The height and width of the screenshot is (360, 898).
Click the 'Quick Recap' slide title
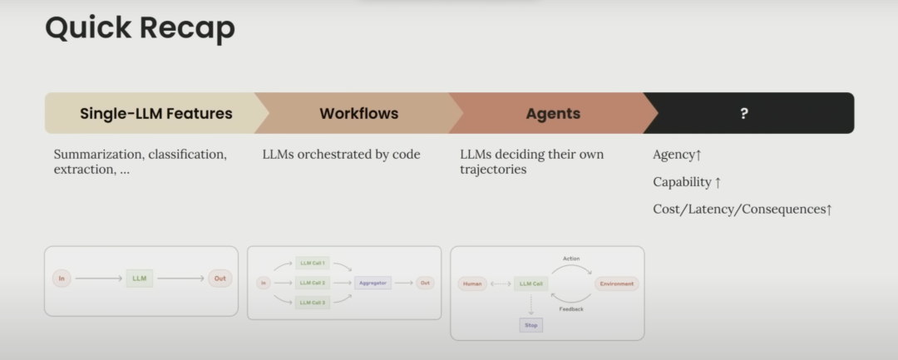140,28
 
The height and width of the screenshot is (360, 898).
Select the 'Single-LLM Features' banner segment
156,114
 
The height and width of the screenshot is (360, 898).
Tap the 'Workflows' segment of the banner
358,114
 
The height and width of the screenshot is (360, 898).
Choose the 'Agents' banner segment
553,114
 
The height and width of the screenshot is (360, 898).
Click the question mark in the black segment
743,114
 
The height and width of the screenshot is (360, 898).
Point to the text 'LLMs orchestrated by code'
341,155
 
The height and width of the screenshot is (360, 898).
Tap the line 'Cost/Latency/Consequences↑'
743,210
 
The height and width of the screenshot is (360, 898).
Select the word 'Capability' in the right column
683,182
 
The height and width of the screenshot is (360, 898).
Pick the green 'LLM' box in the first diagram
139,279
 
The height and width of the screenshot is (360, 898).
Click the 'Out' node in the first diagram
220,279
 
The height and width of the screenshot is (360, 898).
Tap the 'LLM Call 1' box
313,264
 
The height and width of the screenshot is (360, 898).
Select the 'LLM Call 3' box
313,302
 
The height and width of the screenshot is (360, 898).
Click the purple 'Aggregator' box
373,283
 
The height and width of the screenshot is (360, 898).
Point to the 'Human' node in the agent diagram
472,284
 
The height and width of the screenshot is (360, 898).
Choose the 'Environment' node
616,284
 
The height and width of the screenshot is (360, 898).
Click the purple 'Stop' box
530,325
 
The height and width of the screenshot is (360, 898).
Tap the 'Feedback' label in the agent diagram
571,308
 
